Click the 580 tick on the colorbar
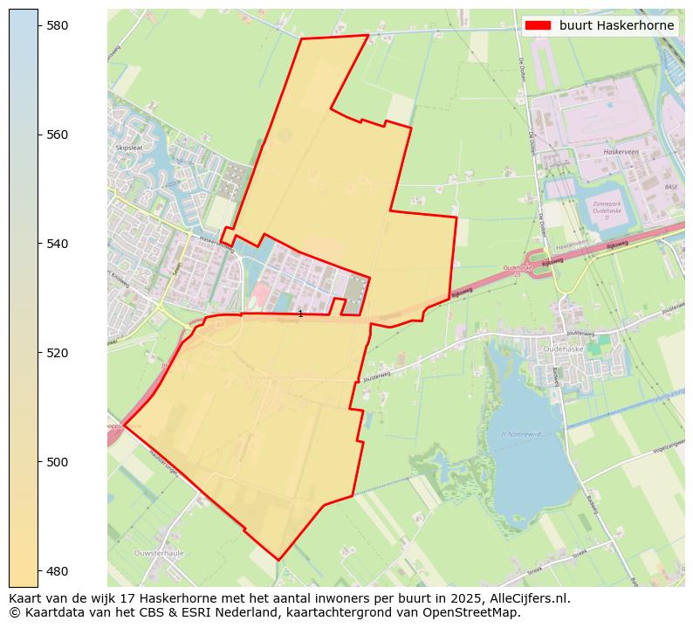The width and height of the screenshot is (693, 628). tap(58, 26)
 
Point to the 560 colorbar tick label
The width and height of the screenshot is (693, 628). tap(58, 135)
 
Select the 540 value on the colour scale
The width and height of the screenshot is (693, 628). tap(58, 244)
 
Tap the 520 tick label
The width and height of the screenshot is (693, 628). tap(58, 353)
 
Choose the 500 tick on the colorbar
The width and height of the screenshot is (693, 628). tap(58, 462)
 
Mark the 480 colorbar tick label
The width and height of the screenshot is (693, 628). tap(58, 571)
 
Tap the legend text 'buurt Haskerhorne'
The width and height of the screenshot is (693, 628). tap(616, 25)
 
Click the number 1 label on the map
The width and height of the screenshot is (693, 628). tap(300, 314)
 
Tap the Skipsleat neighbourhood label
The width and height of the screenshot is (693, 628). tap(128, 148)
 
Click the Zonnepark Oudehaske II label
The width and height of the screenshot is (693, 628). tap(607, 210)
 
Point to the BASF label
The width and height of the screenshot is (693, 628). tap(670, 187)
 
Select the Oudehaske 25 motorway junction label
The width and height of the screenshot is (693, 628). tap(517, 271)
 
